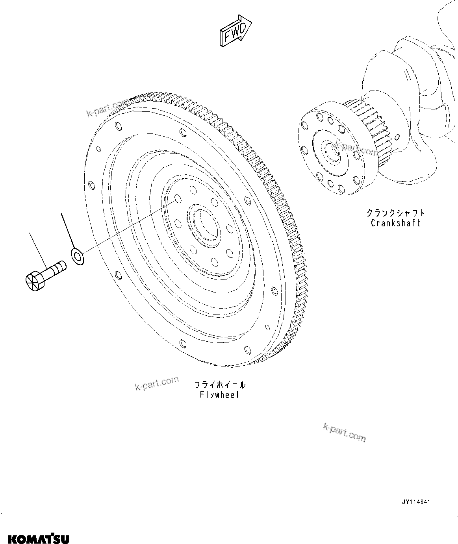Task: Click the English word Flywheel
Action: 219,395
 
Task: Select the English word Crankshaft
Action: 395,223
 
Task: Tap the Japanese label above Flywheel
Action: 219,385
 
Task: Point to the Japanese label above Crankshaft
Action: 395,213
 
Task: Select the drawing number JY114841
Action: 416,502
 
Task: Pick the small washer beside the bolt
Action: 78,257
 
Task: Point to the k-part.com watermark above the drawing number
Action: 344,432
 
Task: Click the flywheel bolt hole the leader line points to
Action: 177,198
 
